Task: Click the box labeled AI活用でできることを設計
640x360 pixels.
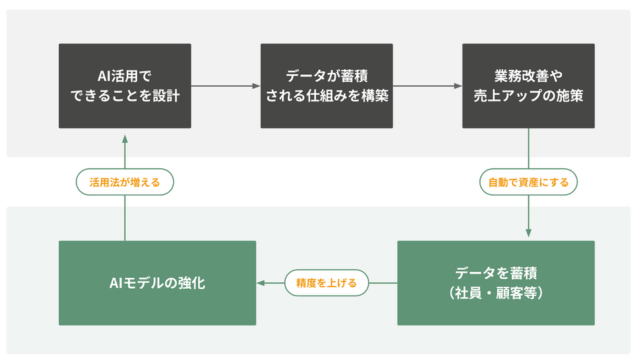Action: pos(125,86)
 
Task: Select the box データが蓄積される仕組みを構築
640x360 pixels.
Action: pos(327,86)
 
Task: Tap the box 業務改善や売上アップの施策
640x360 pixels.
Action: pos(528,86)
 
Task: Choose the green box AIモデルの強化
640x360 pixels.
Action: pos(157,283)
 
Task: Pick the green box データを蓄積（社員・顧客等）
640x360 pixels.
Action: pos(496,283)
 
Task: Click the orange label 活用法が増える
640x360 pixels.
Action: pos(125,183)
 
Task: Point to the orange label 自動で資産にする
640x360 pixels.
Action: pos(528,183)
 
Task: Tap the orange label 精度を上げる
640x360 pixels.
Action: pos(327,283)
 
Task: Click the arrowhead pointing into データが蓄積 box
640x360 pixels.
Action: pos(255,86)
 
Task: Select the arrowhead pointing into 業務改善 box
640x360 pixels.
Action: pos(457,86)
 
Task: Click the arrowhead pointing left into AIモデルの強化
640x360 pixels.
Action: pos(262,283)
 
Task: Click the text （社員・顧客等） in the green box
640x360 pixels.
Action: pos(496,294)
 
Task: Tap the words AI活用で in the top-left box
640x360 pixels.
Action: pos(125,76)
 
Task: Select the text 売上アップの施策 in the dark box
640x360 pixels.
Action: pos(528,97)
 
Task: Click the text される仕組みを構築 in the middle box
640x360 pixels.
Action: pos(327,97)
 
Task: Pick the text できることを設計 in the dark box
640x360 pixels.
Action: pos(125,97)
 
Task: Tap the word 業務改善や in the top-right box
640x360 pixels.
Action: pos(528,76)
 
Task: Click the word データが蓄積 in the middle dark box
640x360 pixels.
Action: pos(327,76)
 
